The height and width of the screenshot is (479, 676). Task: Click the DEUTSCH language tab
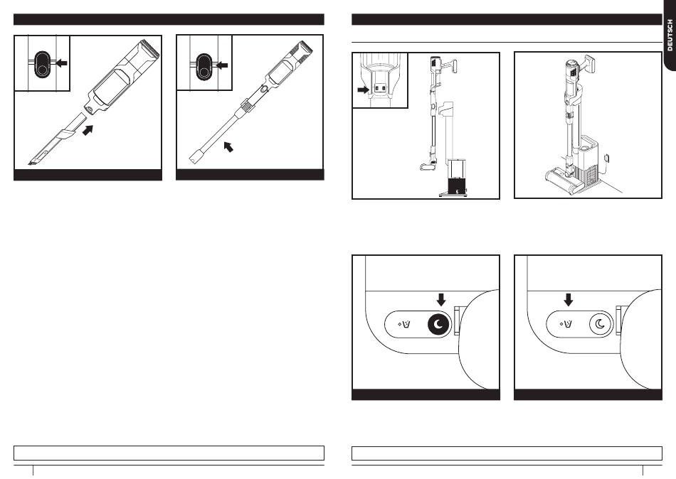669,36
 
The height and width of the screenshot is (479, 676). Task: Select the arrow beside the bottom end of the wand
228,148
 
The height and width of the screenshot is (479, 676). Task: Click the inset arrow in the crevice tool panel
61,63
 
